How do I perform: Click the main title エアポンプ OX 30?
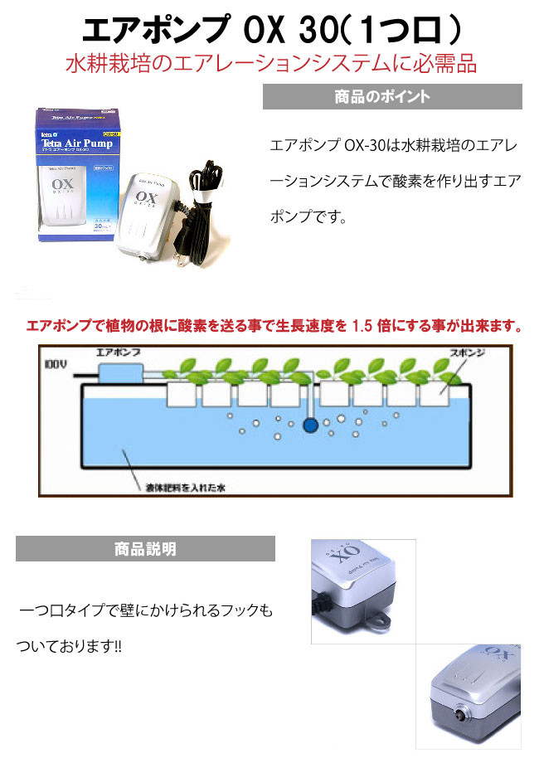click(269, 32)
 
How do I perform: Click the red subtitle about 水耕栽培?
click(270, 65)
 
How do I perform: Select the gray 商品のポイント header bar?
click(392, 96)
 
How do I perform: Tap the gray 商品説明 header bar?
click(145, 548)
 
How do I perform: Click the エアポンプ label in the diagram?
click(119, 352)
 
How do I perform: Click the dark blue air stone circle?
click(311, 426)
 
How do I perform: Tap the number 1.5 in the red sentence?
click(363, 326)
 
